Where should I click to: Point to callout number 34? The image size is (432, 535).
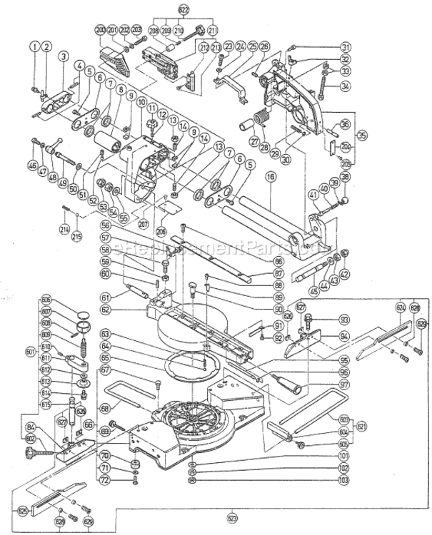click(x=346, y=87)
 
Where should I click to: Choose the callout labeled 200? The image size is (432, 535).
click(x=100, y=29)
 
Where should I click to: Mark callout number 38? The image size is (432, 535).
click(x=346, y=178)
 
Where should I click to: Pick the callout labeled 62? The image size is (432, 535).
click(x=105, y=310)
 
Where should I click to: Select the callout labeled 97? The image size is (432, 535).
click(x=345, y=385)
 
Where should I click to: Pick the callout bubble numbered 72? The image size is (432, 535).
click(x=105, y=481)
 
